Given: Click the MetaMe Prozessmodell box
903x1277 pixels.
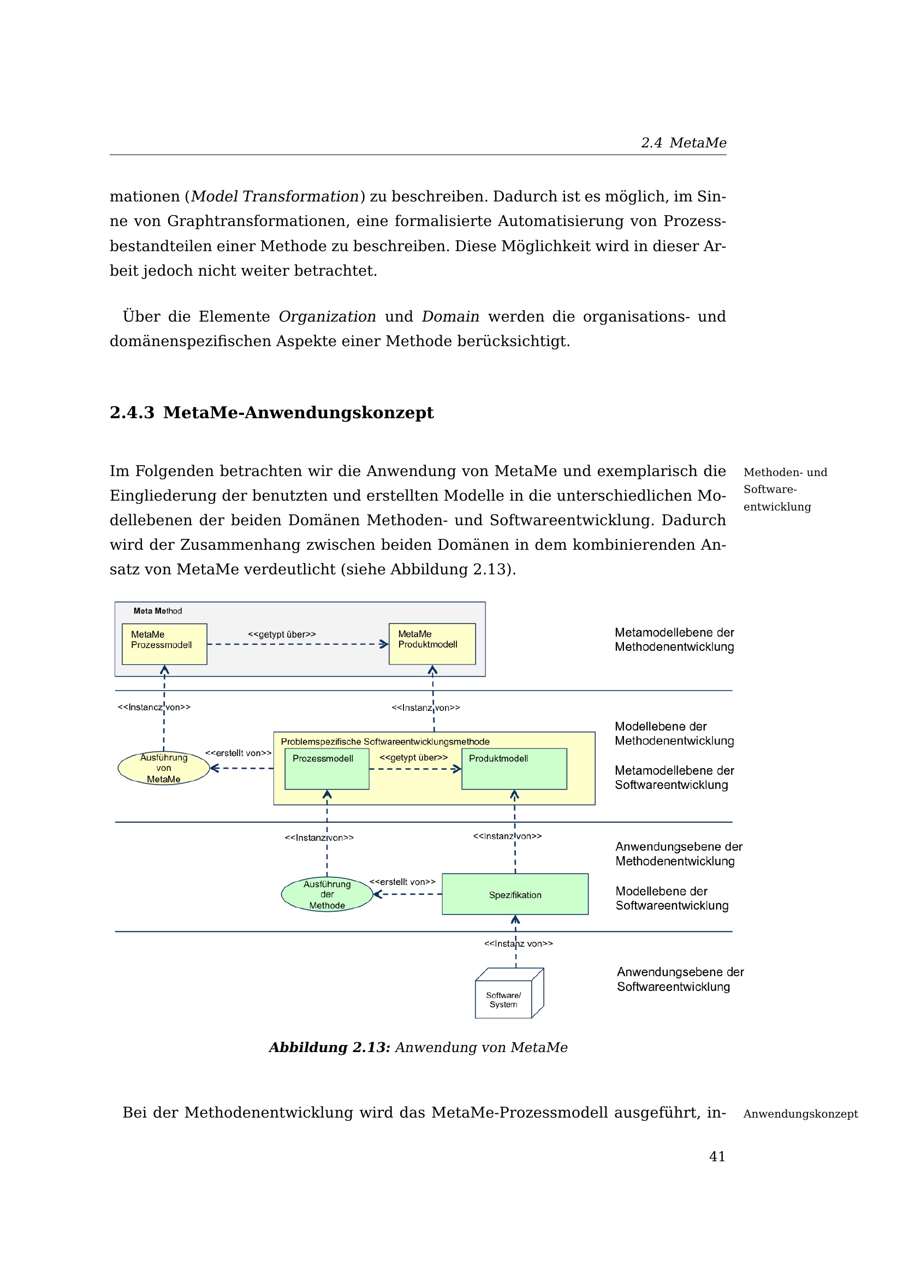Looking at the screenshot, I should click(x=164, y=644).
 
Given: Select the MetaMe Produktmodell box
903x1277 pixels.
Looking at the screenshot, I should click(x=432, y=644).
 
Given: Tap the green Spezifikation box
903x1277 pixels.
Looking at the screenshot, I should click(x=515, y=894).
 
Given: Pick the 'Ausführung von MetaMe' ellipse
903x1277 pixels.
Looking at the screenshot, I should click(x=163, y=768).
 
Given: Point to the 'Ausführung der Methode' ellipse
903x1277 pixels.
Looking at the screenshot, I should click(x=327, y=894).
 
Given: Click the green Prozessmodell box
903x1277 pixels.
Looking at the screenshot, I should click(x=326, y=769).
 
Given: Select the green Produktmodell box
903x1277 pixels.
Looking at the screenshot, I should click(x=514, y=769).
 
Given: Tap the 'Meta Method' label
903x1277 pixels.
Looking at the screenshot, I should click(x=157, y=611).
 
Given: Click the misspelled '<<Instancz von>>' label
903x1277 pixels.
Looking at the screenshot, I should click(x=153, y=707).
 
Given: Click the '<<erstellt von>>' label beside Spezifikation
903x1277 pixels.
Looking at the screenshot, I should click(x=402, y=882).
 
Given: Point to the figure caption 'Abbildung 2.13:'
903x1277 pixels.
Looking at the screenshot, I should click(x=329, y=1047).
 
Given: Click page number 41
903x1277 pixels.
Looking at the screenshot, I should click(x=717, y=1156).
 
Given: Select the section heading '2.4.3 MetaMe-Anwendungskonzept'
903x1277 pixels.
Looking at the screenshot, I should click(x=271, y=413).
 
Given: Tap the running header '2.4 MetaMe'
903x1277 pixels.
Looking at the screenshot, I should click(x=684, y=143).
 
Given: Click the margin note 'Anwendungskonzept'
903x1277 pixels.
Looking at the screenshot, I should click(x=800, y=1114).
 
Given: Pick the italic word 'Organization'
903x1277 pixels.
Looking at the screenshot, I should click(x=327, y=317).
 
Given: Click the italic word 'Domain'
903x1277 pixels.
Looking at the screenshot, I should click(x=450, y=317).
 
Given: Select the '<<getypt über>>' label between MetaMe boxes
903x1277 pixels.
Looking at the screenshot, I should click(x=282, y=634).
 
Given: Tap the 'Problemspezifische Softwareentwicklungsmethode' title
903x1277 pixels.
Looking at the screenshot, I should click(x=385, y=741).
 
